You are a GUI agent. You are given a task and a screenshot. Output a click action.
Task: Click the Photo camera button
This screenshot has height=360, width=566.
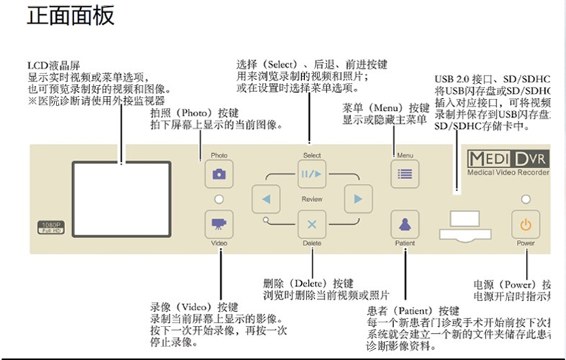click(x=219, y=174)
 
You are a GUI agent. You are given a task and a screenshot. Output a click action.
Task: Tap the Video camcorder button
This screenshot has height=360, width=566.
click(x=219, y=224)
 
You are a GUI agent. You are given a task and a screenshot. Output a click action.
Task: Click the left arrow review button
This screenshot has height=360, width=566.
click(x=266, y=199)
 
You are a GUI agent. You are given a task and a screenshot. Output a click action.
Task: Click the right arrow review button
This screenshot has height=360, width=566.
click(x=353, y=199)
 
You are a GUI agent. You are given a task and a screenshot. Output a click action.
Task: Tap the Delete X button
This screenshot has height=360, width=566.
click(x=311, y=224)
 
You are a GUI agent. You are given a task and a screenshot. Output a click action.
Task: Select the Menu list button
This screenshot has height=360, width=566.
click(x=405, y=174)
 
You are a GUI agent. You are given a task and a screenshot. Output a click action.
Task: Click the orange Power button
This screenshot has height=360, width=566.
click(x=526, y=224)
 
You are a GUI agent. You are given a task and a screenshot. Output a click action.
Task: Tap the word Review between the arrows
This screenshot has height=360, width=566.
click(x=312, y=199)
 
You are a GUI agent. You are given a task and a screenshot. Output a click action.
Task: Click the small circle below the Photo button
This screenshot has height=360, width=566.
click(x=219, y=199)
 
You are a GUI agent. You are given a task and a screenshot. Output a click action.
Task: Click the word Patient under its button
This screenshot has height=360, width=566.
click(x=405, y=243)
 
